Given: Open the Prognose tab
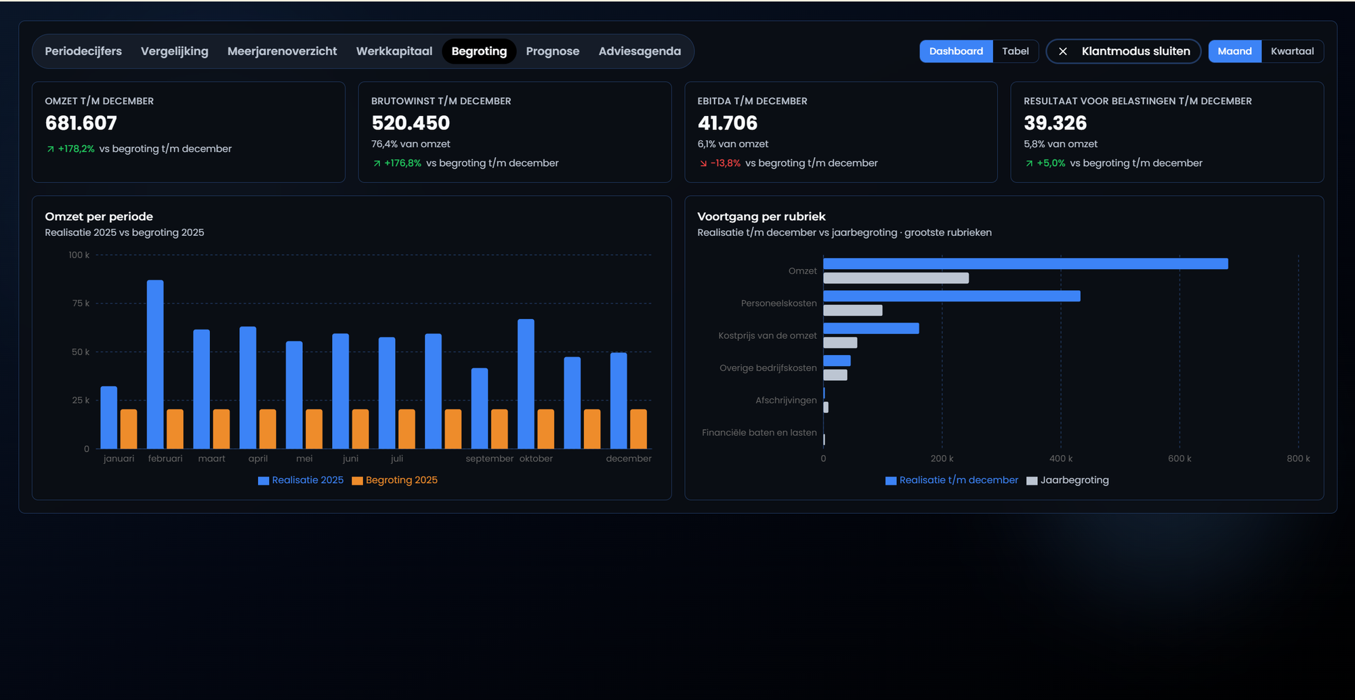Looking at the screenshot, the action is coord(552,52).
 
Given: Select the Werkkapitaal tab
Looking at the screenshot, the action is coord(394,52).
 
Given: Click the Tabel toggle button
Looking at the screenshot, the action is coord(1015,52).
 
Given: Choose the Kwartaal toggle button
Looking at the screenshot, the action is coord(1292,52).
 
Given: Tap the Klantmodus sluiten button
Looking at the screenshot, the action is coord(1123,52).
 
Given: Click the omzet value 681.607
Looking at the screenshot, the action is coord(81,123).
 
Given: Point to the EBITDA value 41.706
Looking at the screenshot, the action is coord(727,123).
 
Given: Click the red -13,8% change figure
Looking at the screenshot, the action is coord(725,163).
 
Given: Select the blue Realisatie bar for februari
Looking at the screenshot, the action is coord(155,365).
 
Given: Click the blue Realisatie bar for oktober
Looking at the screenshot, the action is coord(526,384).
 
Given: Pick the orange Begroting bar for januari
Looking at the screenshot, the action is coord(129,429).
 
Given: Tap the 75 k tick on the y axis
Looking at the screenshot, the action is coord(81,304).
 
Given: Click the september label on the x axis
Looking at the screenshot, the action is coord(489,459).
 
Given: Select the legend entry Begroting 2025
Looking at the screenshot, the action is coord(395,480).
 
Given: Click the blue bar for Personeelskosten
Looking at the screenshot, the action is coord(952,296).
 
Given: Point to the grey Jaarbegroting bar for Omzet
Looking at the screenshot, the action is coord(896,278).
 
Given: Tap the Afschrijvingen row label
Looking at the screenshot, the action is coord(786,400).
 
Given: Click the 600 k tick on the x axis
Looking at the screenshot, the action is coord(1180,459).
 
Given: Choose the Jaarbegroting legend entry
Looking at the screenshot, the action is coord(1068,480).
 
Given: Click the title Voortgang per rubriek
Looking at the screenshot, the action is coord(762,217).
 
